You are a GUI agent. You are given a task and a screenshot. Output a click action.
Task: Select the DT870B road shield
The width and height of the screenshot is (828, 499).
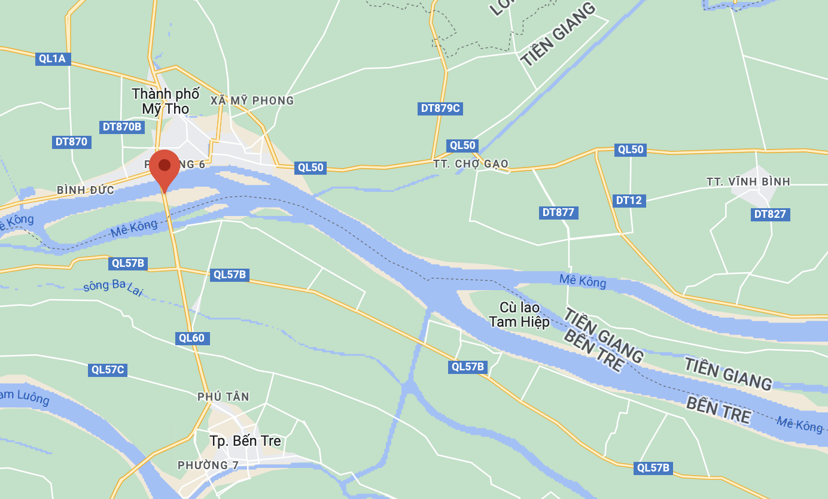point(122,127)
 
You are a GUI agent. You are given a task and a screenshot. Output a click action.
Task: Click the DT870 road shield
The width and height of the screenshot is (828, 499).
point(71,142)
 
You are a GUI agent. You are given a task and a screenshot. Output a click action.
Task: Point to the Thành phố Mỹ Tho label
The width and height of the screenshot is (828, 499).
point(166,101)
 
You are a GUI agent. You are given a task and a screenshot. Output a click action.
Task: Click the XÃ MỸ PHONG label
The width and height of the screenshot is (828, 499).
point(252,101)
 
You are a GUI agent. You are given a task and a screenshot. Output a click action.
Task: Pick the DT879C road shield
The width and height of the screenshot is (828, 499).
point(441,108)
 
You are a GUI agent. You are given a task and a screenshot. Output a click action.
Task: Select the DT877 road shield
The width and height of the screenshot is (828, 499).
point(558,212)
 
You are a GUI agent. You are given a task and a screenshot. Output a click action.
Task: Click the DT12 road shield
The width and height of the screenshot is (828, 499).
point(628,200)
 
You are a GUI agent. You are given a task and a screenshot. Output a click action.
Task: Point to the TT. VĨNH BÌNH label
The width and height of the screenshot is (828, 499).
point(748,181)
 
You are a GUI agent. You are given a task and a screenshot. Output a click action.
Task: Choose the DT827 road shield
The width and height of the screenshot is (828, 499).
point(771,214)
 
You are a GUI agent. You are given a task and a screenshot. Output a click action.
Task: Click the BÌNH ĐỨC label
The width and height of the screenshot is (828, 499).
point(86,190)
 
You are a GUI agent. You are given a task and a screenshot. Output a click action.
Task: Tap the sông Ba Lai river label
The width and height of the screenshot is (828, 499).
point(114,286)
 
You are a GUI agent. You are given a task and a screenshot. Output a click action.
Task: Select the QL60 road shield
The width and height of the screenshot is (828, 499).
point(192,338)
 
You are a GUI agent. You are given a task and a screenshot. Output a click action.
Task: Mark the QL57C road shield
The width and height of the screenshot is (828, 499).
point(108,370)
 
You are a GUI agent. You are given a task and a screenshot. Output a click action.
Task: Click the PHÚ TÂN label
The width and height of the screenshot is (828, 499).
point(223,397)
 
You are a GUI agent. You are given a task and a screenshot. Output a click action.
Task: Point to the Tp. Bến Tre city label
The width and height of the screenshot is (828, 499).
point(245,441)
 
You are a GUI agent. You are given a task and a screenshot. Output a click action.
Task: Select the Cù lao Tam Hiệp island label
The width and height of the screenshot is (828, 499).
point(519,314)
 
